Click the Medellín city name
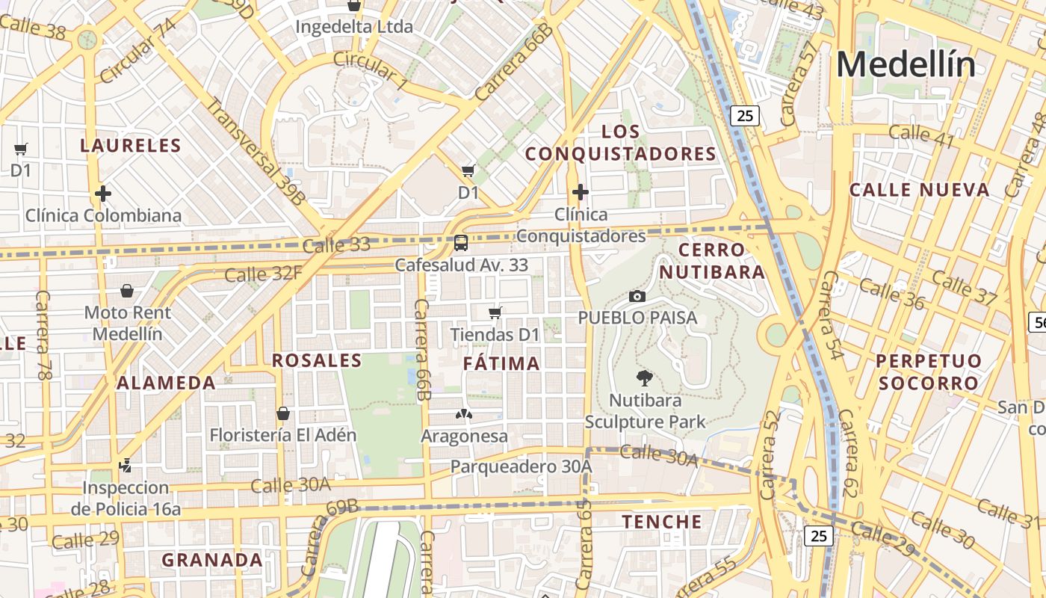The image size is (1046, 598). click(x=906, y=65)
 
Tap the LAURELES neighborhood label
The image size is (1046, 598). click(x=131, y=146)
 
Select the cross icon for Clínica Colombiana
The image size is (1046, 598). click(x=103, y=194)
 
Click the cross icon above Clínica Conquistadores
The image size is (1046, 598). click(x=580, y=192)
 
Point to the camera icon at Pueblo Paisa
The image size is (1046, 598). click(x=637, y=296)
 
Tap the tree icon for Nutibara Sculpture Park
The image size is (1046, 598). click(x=644, y=377)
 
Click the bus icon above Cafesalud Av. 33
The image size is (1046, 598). click(x=461, y=243)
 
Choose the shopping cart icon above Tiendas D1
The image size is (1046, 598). click(x=495, y=312)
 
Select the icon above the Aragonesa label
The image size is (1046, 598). click(x=463, y=414)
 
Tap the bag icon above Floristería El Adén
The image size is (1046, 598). click(x=283, y=413)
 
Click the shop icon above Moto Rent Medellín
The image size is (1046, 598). click(x=127, y=290)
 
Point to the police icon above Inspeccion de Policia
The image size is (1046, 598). click(x=126, y=465)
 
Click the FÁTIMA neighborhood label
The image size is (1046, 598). click(x=501, y=364)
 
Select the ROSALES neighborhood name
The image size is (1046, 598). click(x=317, y=360)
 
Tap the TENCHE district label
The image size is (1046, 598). click(x=662, y=522)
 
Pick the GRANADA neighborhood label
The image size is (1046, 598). click(x=212, y=560)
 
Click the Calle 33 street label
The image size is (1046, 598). click(x=337, y=245)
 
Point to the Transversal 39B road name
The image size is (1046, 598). click(x=256, y=152)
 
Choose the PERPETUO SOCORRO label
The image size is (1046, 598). click(x=928, y=372)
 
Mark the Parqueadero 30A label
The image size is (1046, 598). click(x=521, y=467)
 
